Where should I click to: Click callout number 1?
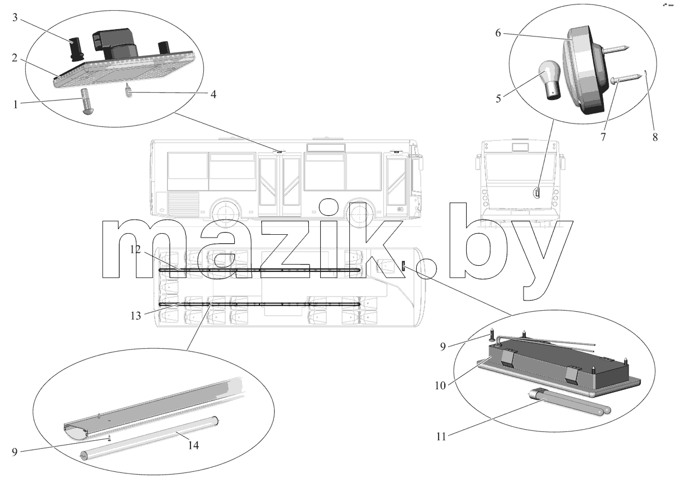[15, 104]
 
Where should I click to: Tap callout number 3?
[15, 17]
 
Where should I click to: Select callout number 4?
[213, 94]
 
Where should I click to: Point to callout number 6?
[498, 33]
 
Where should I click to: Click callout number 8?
[655, 137]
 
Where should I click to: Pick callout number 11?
[441, 436]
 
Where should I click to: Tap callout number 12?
[135, 249]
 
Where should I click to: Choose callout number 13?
[136, 316]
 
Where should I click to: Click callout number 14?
[193, 445]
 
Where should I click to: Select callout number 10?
[440, 385]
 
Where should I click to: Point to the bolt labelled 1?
[87, 101]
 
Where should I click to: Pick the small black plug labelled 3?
[77, 48]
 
